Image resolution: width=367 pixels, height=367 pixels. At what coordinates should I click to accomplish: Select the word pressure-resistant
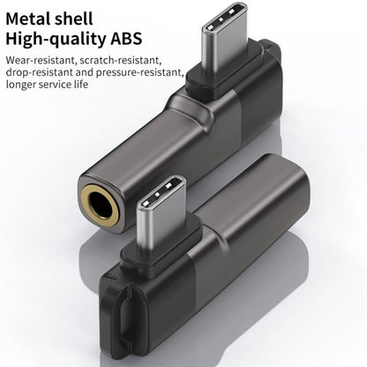141,73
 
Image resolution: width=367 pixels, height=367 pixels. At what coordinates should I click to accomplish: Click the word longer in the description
23,86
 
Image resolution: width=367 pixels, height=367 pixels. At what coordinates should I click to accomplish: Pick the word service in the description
64,86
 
